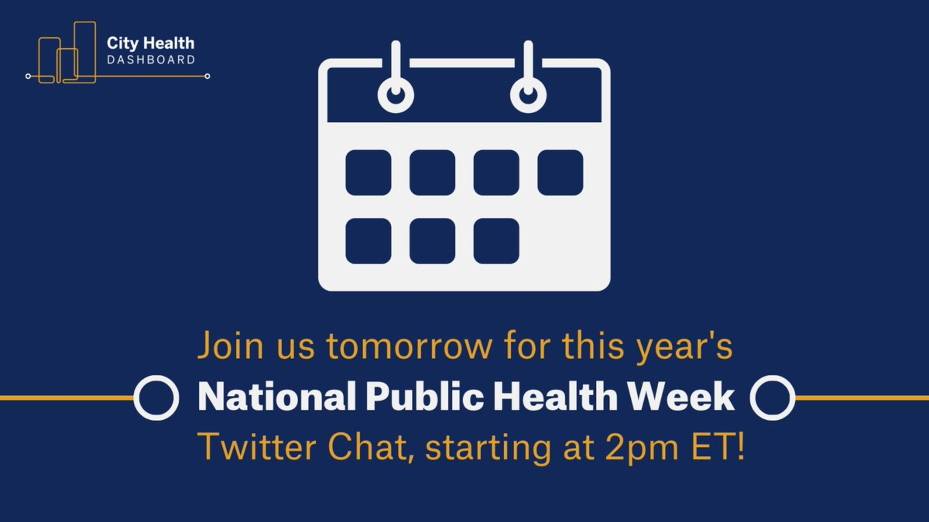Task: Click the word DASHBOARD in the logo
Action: pos(151,60)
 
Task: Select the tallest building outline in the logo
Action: pos(85,52)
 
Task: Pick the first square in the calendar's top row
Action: pos(368,173)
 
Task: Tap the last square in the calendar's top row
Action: pos(560,173)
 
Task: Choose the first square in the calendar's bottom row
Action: pos(368,241)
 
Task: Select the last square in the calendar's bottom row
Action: pos(496,241)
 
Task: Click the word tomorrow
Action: pos(410,346)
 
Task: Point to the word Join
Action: pos(230,345)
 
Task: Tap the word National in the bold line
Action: pos(277,396)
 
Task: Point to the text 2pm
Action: pos(642,449)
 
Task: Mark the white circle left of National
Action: pos(156,398)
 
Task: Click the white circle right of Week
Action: pos(772,398)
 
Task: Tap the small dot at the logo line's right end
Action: pos(207,76)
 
